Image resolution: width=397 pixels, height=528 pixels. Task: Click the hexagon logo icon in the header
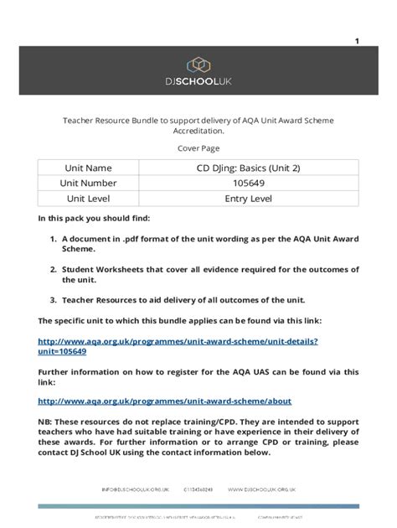[198, 65]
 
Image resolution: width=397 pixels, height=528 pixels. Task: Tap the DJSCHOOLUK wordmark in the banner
[198, 84]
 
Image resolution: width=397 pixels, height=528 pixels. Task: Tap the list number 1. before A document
[53, 239]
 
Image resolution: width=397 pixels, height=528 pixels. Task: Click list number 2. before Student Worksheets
[53, 269]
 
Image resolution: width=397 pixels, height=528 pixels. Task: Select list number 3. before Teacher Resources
[53, 299]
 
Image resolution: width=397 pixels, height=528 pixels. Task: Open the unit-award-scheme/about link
[165, 401]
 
